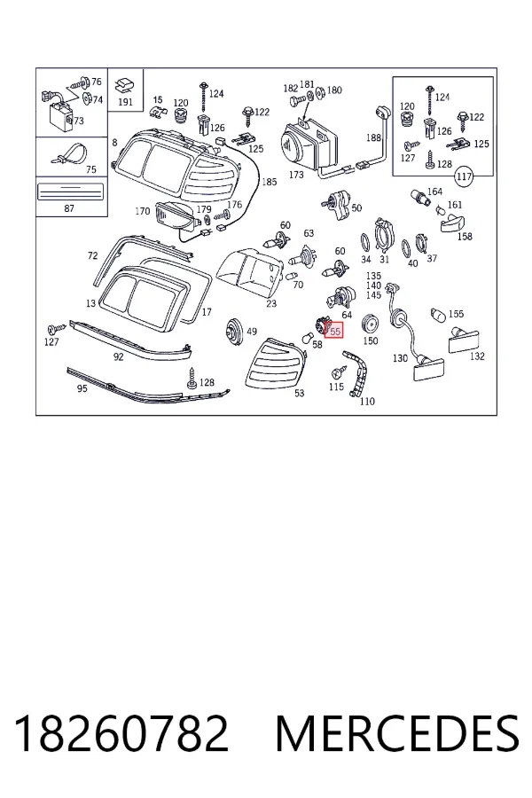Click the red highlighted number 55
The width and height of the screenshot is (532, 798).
coord(335,331)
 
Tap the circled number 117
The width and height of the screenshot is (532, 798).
coord(464,176)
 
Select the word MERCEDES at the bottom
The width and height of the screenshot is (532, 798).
coord(397,733)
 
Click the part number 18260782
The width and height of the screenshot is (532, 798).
coord(121,733)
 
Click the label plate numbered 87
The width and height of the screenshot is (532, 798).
coord(71,192)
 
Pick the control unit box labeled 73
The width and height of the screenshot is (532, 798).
coord(59,114)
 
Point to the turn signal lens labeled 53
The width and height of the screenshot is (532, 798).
coord(276,364)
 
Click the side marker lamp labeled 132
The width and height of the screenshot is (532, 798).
coord(463,340)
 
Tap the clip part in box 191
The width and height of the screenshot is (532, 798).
coord(125,84)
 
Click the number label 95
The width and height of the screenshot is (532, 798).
coord(82,388)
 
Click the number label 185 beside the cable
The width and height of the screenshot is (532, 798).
coord(270,182)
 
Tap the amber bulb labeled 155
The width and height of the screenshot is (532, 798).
coord(438,315)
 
